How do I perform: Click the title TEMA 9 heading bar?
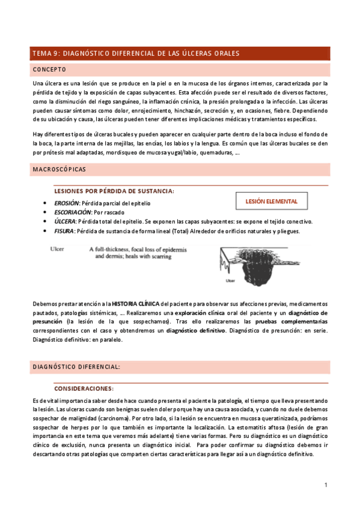click(180, 54)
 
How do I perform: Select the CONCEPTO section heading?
click(49, 69)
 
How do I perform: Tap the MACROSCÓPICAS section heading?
click(59, 170)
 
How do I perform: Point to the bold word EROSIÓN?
click(67, 203)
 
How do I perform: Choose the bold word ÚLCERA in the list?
click(66, 222)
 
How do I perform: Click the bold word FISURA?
click(65, 232)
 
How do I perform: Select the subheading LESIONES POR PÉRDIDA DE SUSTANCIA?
click(114, 191)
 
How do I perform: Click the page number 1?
click(325, 485)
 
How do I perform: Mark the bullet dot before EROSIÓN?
click(46, 203)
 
